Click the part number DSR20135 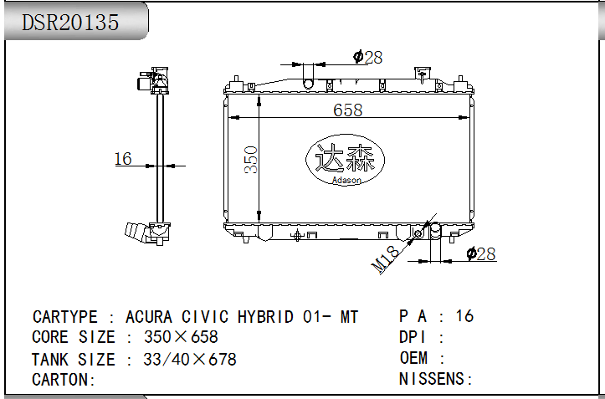70,23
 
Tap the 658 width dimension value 347,110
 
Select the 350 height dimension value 251,160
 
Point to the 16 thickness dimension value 123,159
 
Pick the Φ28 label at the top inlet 367,57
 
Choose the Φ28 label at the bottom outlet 481,254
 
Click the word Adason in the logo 346,180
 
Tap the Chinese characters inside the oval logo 345,157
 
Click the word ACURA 149,317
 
